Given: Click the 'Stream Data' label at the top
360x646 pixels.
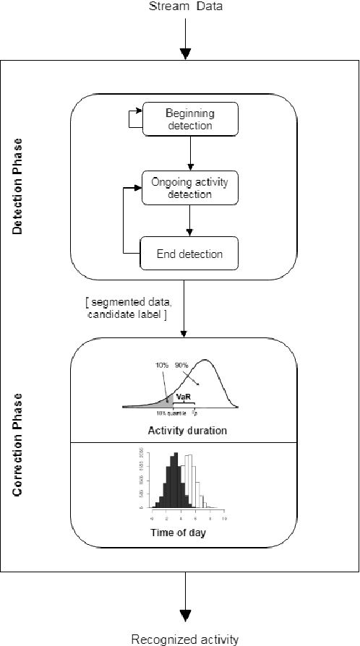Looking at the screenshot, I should [x=186, y=7].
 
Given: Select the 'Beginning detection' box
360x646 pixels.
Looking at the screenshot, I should [x=189, y=119].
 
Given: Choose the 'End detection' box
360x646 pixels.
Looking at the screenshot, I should [x=189, y=254].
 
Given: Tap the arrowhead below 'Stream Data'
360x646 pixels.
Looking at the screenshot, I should [x=186, y=53].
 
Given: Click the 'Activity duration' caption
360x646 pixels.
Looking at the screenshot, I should [x=187, y=431].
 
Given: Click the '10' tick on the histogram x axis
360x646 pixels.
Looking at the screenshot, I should [x=224, y=520].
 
